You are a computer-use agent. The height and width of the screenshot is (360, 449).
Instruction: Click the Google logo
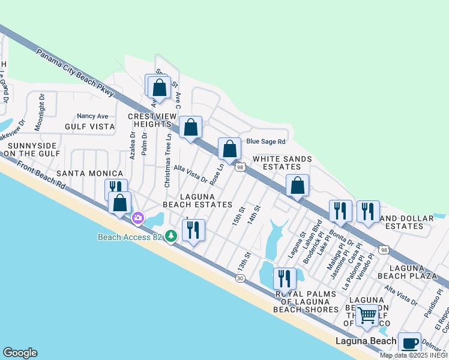pyautogui.click(x=20, y=353)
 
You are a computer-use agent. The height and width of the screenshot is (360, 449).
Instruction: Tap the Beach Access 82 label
pyautogui.click(x=130, y=237)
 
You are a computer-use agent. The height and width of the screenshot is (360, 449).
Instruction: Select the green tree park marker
pyautogui.click(x=172, y=236)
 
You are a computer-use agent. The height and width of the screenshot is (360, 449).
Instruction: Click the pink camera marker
pyautogui.click(x=139, y=218)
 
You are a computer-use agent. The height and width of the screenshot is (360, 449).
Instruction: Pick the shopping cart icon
pyautogui.click(x=367, y=314)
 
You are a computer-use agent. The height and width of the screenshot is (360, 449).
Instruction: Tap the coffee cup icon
pyautogui.click(x=409, y=343)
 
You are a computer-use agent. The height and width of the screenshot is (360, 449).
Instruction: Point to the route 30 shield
pyautogui.click(x=241, y=278)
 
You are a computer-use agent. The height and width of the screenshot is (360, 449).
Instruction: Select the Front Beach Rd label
pyautogui.click(x=41, y=177)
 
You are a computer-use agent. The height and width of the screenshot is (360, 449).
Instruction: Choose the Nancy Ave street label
pyautogui.click(x=92, y=116)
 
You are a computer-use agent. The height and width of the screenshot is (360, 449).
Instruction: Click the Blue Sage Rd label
pyautogui.click(x=265, y=142)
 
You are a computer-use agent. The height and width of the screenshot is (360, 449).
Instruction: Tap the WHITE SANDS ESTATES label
pyautogui.click(x=282, y=163)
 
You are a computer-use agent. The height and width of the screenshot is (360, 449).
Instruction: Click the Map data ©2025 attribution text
pyautogui.click(x=414, y=355)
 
